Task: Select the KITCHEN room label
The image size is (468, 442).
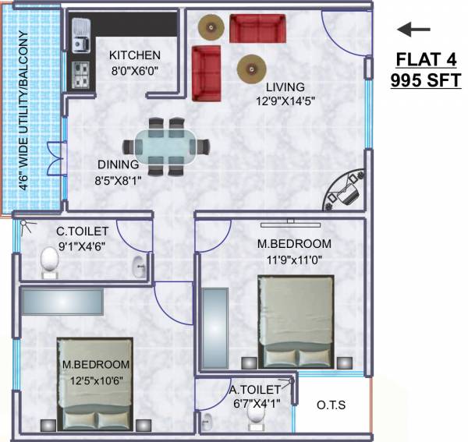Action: [135, 55]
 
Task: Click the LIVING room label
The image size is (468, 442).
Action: [284, 87]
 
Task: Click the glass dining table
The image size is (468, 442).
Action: [167, 146]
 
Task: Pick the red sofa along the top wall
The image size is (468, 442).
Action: [257, 28]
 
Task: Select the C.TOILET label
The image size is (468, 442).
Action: [81, 232]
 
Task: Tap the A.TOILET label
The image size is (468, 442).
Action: [253, 390]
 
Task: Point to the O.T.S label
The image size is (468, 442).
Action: [331, 405]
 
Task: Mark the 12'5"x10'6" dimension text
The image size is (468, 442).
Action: [96, 379]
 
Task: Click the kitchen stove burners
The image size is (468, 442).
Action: [81, 73]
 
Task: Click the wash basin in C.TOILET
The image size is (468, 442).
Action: [140, 267]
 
